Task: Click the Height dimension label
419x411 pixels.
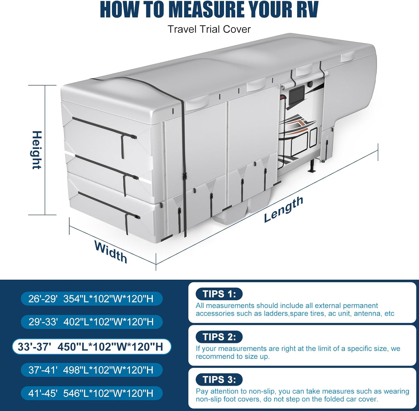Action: (x=37, y=150)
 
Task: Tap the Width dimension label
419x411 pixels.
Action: (x=111, y=252)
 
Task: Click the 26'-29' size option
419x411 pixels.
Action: (x=91, y=299)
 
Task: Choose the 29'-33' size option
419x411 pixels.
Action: (x=91, y=322)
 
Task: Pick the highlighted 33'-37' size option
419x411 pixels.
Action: (x=91, y=347)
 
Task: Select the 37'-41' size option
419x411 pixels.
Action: (x=91, y=370)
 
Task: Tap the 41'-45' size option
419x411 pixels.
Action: (x=91, y=393)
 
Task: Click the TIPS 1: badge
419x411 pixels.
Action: (x=219, y=294)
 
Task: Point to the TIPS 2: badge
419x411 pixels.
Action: (x=219, y=337)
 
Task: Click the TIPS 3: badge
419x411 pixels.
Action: (x=219, y=379)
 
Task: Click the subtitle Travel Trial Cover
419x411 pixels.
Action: (x=209, y=29)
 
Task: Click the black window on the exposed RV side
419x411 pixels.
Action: (x=297, y=94)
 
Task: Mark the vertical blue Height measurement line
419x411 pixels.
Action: (x=45, y=150)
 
